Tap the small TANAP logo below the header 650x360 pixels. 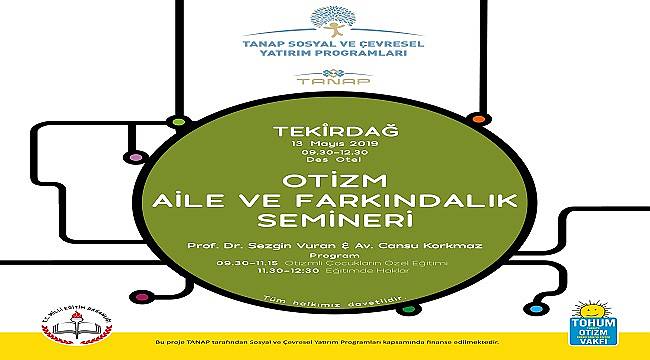click(x=325, y=81)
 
